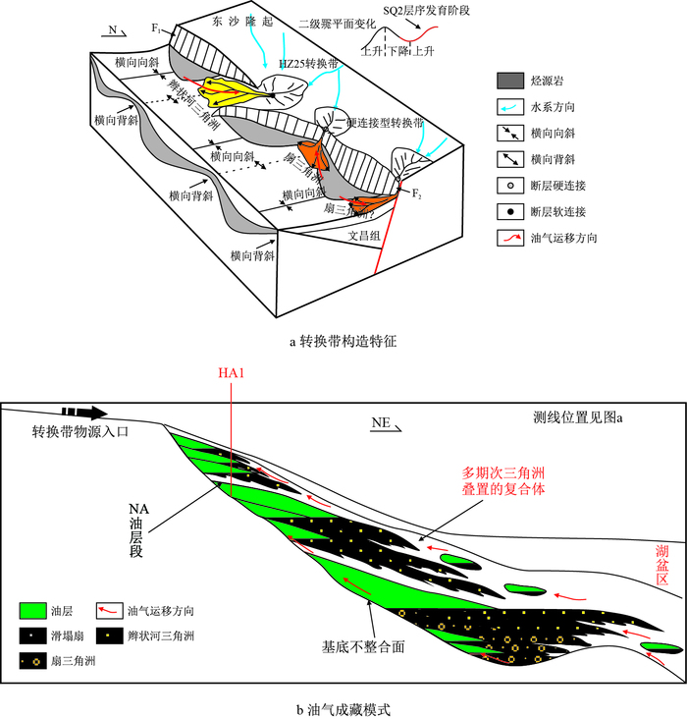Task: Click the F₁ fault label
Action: tap(156, 29)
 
